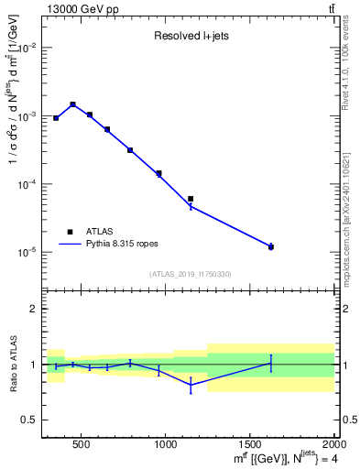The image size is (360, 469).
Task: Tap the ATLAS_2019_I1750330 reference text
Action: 190,273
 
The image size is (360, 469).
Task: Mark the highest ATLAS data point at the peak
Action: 72,104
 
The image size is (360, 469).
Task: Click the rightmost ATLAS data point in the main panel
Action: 271,246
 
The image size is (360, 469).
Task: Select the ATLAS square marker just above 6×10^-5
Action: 191,199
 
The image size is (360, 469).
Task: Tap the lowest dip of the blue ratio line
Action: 191,386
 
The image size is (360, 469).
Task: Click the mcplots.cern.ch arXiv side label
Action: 351,211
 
